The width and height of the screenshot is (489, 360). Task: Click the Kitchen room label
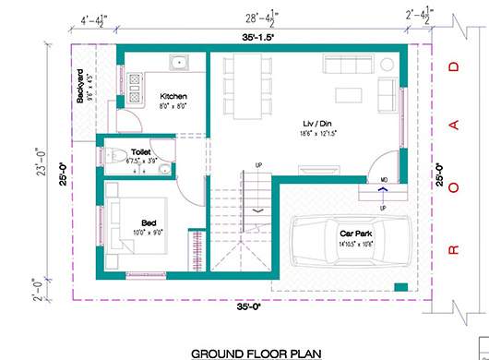[x=173, y=96]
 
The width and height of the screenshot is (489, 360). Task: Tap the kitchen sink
[x=176, y=64]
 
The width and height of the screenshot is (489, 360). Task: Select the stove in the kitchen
[x=134, y=88]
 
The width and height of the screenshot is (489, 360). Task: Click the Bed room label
[x=149, y=221]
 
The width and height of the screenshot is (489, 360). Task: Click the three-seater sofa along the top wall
[x=344, y=64]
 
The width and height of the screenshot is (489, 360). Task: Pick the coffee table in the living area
[x=348, y=94]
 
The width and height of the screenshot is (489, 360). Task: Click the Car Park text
[x=354, y=233]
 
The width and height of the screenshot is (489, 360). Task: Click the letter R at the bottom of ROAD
[x=452, y=248]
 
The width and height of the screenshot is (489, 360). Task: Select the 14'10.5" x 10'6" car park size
[x=354, y=243]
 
